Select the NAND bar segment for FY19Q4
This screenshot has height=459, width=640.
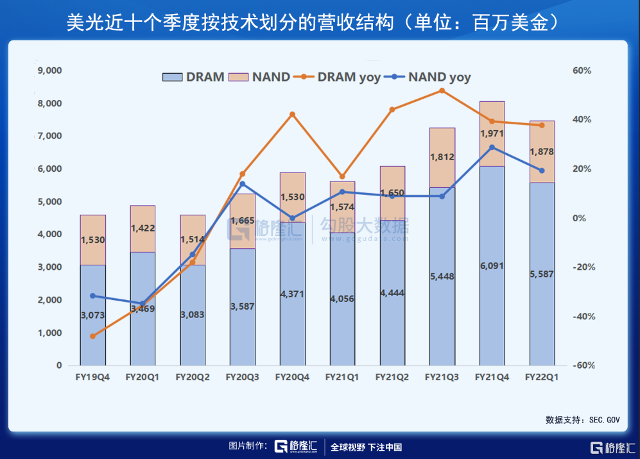click(92, 240)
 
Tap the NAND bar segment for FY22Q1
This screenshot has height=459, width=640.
click(542, 151)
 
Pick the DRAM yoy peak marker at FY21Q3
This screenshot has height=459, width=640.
click(442, 90)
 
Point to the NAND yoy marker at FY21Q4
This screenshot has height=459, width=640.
click(492, 147)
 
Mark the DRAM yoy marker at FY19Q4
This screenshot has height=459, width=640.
click(92, 336)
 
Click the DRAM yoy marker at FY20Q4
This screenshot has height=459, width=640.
click(292, 115)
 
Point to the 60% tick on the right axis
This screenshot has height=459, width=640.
click(582, 71)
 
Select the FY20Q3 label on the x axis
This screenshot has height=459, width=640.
click(242, 378)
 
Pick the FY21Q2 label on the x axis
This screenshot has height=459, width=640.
click(392, 378)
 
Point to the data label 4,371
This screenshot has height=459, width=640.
click(292, 294)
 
